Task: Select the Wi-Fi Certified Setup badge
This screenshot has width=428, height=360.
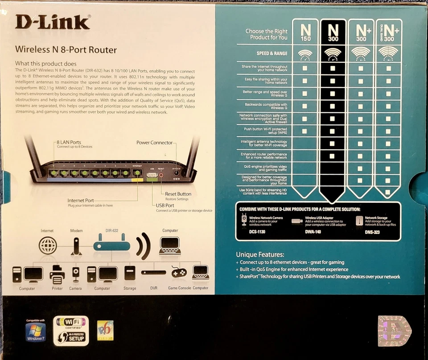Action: (71, 331)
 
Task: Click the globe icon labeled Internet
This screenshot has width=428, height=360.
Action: (48, 245)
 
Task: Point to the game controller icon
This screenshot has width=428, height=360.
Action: (179, 272)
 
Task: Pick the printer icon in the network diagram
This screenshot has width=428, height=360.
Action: (57, 274)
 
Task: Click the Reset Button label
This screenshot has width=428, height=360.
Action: (178, 194)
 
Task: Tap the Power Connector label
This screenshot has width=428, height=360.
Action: (154, 143)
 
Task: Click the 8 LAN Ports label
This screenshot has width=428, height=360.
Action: (69, 143)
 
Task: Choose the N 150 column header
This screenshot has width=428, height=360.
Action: (305, 33)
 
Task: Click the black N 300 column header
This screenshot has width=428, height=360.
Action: (333, 33)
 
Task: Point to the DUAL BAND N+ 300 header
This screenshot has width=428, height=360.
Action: (388, 33)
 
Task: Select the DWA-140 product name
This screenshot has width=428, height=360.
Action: (314, 232)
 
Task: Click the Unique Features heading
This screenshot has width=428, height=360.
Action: (260, 254)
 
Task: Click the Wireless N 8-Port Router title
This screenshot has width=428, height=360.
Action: (66, 49)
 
